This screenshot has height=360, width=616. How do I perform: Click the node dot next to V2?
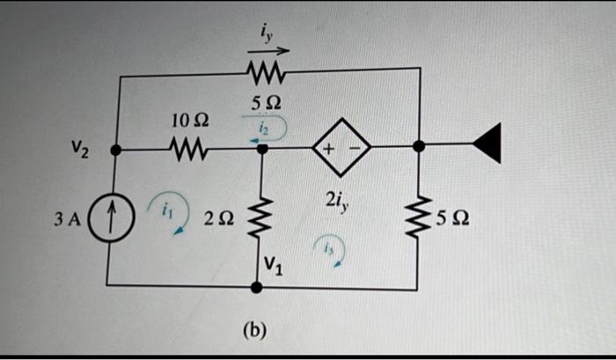(117, 151)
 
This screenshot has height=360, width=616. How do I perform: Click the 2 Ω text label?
(221, 219)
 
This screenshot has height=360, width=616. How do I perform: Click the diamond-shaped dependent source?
(339, 150)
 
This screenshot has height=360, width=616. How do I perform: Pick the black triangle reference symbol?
(488, 144)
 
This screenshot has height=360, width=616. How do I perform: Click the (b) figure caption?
(253, 331)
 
